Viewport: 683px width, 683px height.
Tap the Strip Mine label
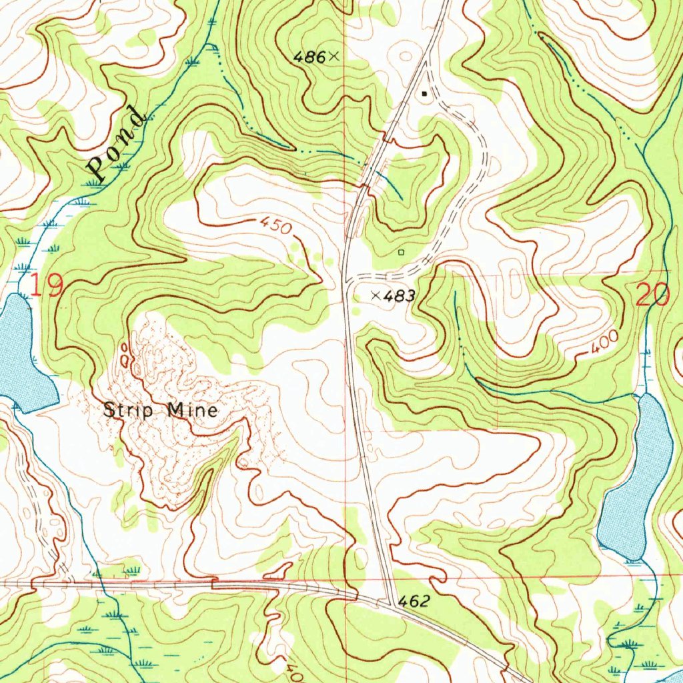tap(160, 410)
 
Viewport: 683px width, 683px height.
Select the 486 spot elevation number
tap(309, 58)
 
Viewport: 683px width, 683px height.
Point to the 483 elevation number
tap(401, 295)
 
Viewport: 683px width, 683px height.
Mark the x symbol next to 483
tap(376, 295)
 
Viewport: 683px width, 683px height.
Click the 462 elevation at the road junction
tap(414, 602)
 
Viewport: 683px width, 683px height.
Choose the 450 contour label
tap(276, 226)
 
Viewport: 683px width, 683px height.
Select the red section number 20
tap(653, 294)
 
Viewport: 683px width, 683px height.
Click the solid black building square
tap(424, 94)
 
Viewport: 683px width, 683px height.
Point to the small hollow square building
tap(401, 252)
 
